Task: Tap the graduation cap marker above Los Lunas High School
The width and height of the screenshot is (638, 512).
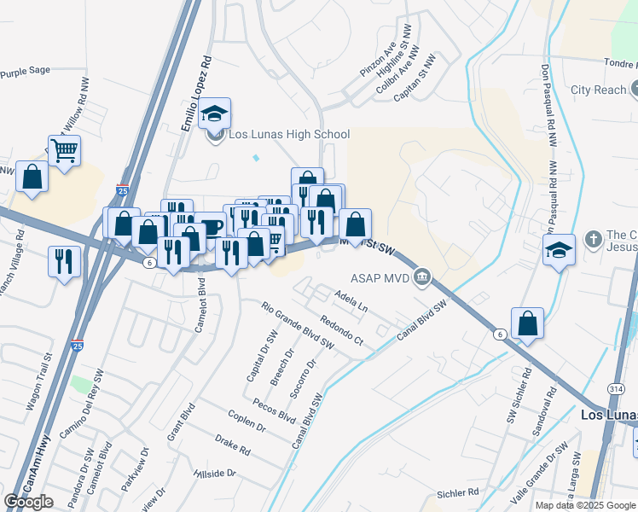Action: (215, 113)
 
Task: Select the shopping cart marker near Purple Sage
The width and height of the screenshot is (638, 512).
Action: (64, 152)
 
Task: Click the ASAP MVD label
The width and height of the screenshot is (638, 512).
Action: (380, 277)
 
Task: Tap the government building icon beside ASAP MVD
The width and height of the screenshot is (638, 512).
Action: (421, 276)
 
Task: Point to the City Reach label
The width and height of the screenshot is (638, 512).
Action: (598, 90)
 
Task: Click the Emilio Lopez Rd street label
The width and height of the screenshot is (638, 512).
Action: (195, 95)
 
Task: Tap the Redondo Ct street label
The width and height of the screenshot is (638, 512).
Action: (341, 330)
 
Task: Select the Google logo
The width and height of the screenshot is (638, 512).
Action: (29, 501)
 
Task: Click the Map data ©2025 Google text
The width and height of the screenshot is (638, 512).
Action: (584, 505)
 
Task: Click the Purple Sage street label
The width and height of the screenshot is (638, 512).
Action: (25, 74)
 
